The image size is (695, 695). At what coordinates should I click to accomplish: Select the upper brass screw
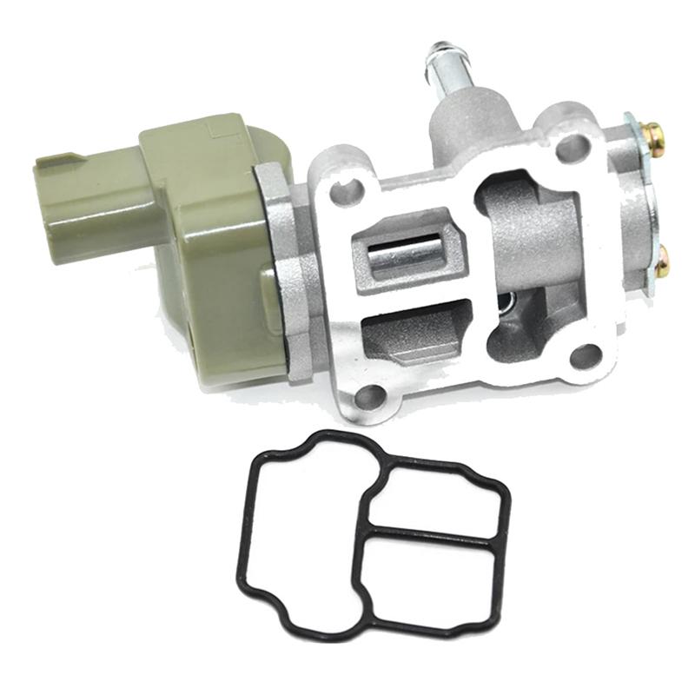tap(652, 134)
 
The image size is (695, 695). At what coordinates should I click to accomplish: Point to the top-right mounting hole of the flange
tap(570, 147)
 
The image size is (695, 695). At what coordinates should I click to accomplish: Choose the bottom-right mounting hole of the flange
tap(586, 354)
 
